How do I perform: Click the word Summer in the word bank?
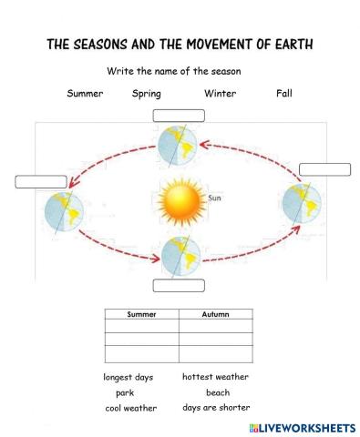[x=85, y=93]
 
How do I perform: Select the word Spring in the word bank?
[x=147, y=93]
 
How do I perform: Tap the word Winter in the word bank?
[x=220, y=93]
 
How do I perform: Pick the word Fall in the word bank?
[x=284, y=93]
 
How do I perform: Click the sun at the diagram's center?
[x=179, y=200]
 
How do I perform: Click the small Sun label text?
[x=215, y=197]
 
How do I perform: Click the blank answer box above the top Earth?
[x=179, y=115]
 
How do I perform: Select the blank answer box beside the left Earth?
[x=41, y=181]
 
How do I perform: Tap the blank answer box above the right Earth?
[x=324, y=168]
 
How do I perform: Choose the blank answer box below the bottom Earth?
[x=179, y=285]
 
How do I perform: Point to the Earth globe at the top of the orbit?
[x=179, y=145]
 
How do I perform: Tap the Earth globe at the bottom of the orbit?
[x=180, y=255]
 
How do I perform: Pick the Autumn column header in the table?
[x=215, y=314]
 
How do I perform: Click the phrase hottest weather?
[x=215, y=377]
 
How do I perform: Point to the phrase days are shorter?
[x=216, y=408]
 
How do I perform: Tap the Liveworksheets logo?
[x=300, y=427]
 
